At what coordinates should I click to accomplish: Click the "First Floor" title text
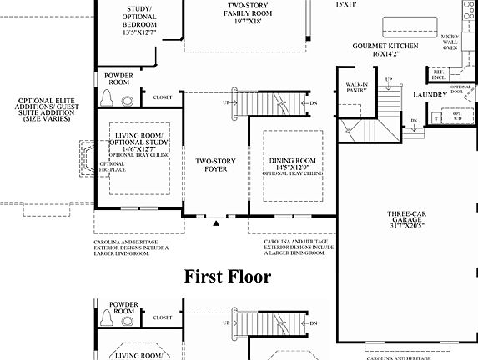227,277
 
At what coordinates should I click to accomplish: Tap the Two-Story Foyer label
213,163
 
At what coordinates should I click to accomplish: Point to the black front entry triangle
216,223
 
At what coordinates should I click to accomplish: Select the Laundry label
430,95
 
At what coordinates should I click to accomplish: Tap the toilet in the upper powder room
107,98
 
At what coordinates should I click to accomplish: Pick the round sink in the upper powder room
128,101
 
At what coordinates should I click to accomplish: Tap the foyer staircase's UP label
226,102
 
